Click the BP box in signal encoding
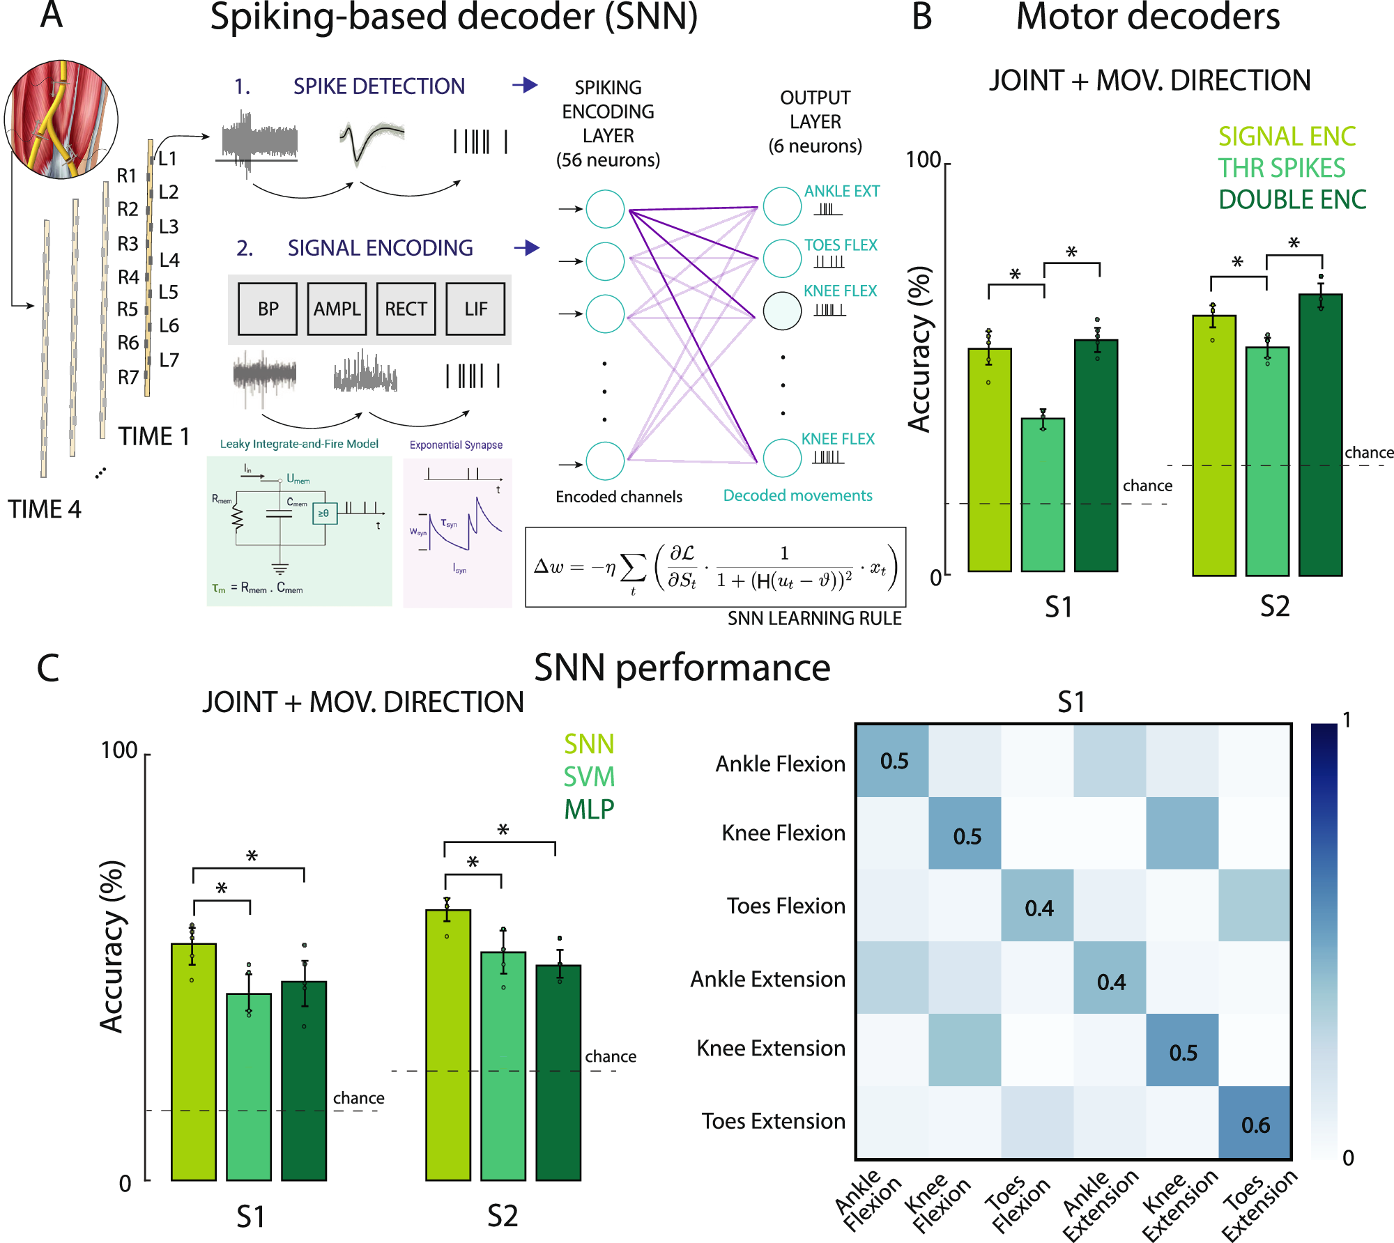(268, 309)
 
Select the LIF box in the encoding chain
(475, 309)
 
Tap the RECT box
(406, 309)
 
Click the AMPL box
(337, 309)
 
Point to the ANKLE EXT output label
(841, 191)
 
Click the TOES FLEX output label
(841, 245)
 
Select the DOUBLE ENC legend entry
(1292, 200)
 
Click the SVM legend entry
(589, 777)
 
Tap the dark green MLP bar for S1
(304, 1080)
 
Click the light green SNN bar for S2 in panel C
(448, 1045)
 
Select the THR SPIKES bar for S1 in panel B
(1043, 495)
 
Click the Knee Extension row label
(770, 1048)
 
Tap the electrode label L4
(169, 261)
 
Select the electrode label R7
(128, 378)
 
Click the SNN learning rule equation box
(715, 567)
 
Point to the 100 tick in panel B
(923, 160)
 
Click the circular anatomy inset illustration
(61, 118)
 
